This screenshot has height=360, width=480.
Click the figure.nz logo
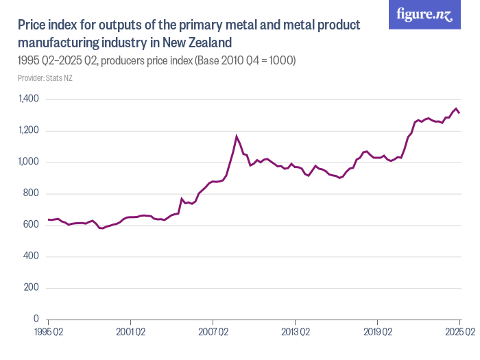(424, 14)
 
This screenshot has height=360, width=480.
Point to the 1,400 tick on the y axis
(29, 99)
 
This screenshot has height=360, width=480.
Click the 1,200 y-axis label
(29, 131)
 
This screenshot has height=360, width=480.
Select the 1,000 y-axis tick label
(29, 163)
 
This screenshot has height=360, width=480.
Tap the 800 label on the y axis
(32, 193)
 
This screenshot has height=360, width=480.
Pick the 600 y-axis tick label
(32, 225)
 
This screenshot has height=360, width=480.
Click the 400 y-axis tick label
(32, 256)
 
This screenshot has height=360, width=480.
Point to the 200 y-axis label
(32, 287)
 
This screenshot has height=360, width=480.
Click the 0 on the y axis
(37, 319)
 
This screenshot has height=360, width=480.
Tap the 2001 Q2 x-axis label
(130, 332)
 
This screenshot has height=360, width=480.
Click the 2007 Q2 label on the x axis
(213, 332)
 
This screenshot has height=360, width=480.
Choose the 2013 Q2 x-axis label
(295, 332)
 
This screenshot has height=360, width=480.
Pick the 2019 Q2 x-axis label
(377, 332)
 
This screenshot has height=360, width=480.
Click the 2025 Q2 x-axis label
(458, 332)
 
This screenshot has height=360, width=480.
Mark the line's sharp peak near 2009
(237, 136)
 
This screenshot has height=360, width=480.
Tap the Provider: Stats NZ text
(45, 78)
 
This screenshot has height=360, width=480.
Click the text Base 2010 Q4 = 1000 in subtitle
(245, 60)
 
